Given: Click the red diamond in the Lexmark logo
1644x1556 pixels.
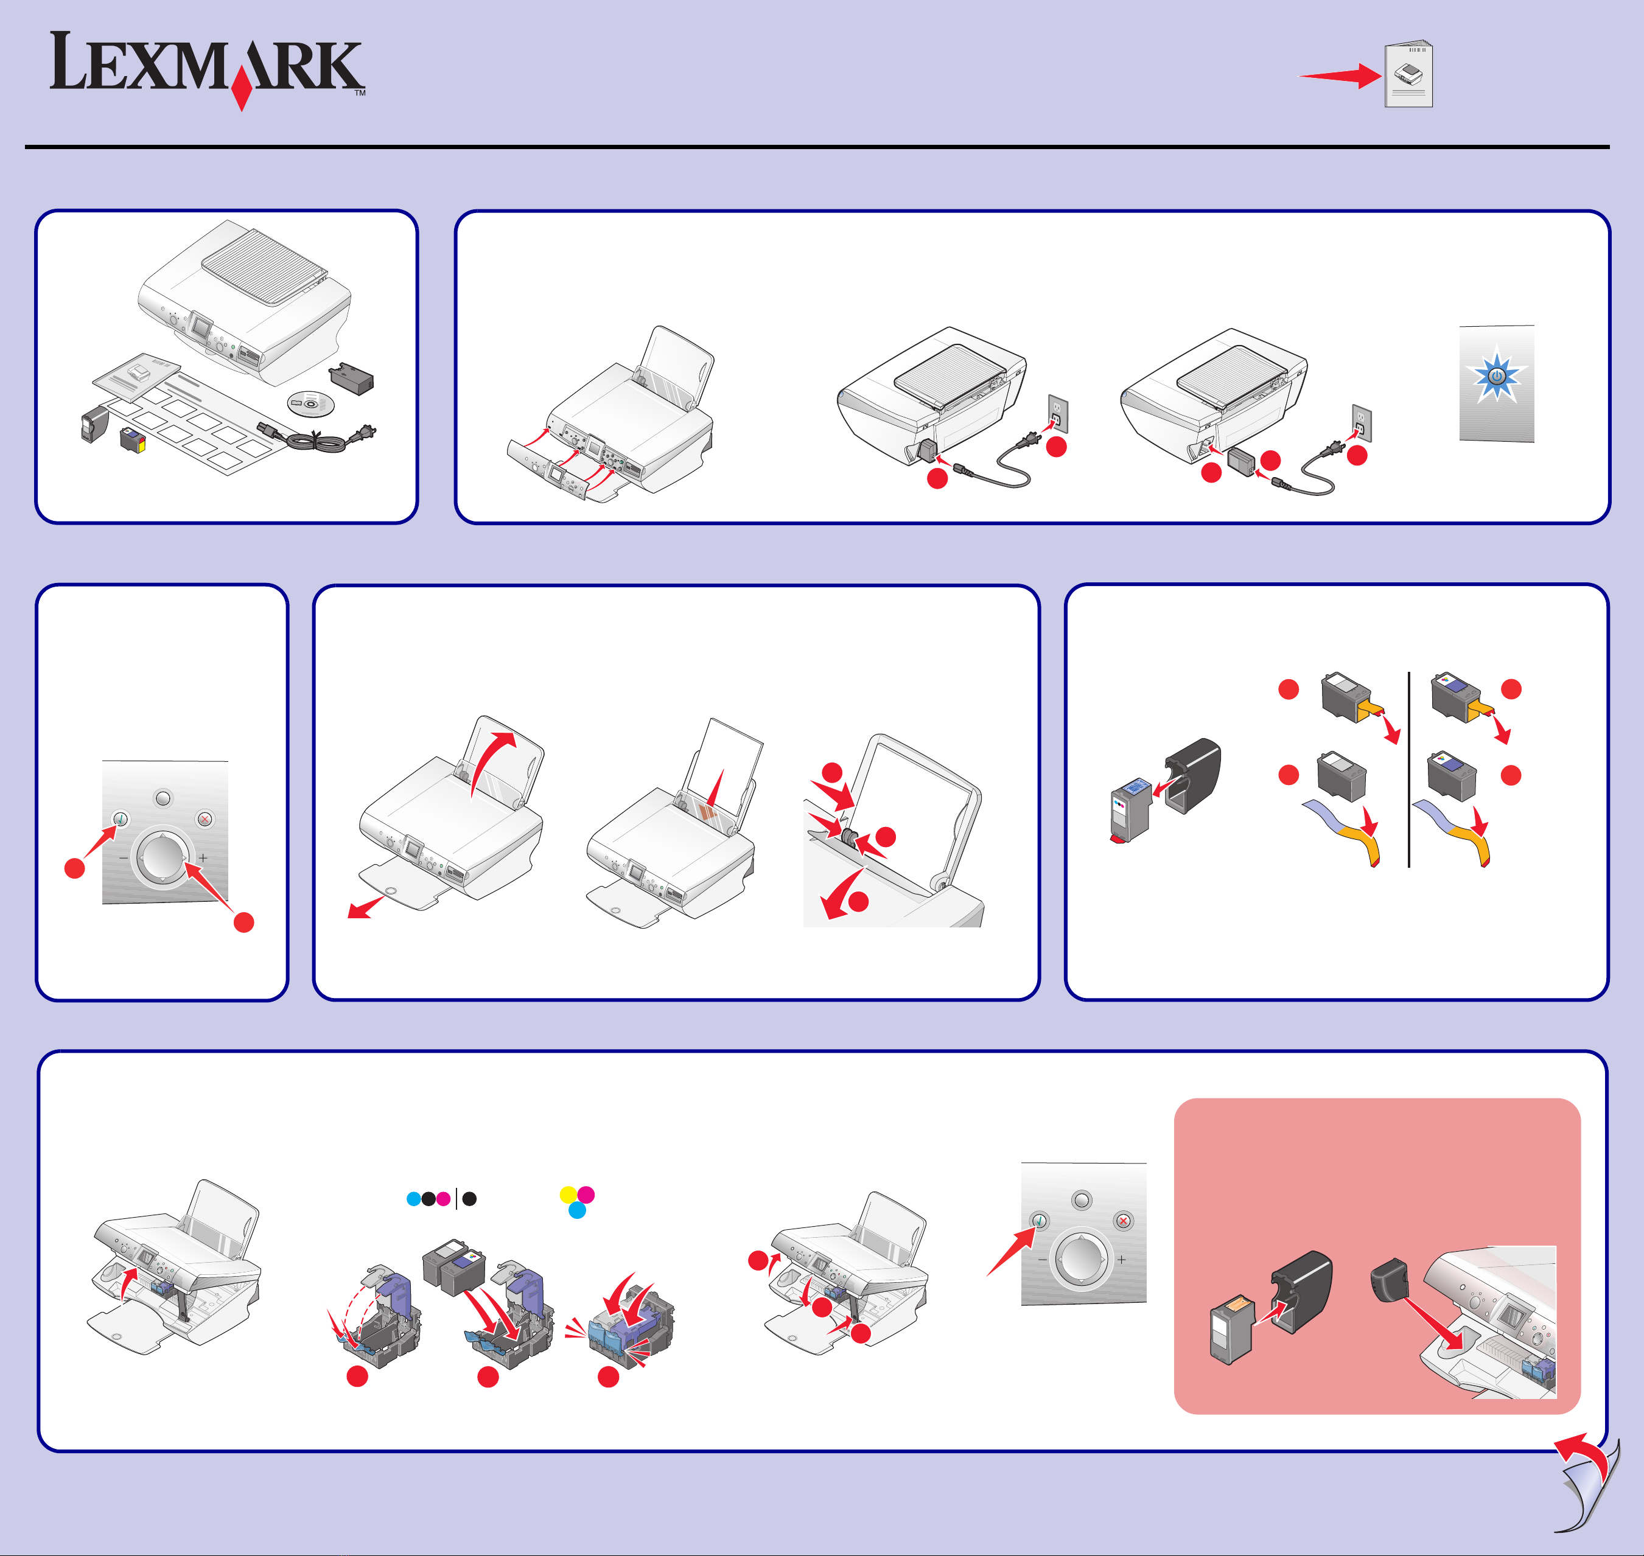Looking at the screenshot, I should pos(242,89).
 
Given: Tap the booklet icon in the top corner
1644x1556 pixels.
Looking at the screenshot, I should pos(1408,75).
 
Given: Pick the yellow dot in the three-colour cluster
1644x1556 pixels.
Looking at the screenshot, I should pos(568,1195).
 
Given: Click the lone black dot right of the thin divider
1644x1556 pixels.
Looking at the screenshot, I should pos(469,1199).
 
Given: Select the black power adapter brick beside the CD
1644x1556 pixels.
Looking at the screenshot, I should pos(352,379).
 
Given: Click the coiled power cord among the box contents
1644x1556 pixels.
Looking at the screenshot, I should pos(320,439).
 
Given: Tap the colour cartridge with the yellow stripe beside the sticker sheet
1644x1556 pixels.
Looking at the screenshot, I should pos(133,439).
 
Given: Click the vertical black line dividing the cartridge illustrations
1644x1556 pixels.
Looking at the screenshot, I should pos(1409,769).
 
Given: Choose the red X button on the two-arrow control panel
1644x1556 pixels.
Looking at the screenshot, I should pos(205,820).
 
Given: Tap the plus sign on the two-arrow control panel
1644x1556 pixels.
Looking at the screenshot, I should pos(203,857).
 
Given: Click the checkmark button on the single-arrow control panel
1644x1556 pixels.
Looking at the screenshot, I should pos(1040,1221).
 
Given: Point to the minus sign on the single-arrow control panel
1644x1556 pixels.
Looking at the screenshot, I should pos(1043,1259).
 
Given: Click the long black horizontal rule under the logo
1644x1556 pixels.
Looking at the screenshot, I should pos(817,147).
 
